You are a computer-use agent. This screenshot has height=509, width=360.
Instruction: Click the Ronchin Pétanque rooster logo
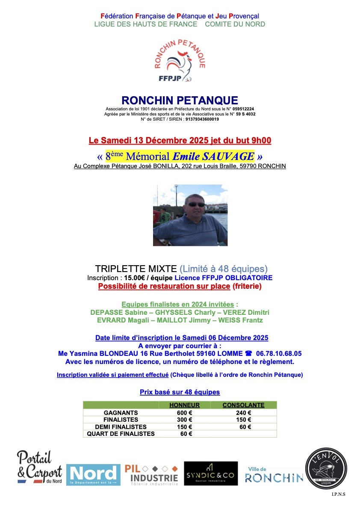click(x=180, y=60)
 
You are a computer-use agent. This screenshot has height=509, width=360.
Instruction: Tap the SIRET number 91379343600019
click(x=202, y=119)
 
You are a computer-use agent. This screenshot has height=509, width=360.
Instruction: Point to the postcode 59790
click(x=240, y=166)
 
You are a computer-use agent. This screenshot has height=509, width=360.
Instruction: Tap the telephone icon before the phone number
click(x=248, y=354)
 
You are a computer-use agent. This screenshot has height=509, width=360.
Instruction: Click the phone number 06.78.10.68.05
click(x=279, y=354)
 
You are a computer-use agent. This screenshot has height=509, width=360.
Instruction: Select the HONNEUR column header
click(x=184, y=405)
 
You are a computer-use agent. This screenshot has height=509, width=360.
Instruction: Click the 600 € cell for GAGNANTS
click(x=184, y=413)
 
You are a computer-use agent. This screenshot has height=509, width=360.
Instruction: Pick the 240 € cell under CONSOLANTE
click(x=243, y=413)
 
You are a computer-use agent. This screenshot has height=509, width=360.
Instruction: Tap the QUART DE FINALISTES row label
click(x=121, y=434)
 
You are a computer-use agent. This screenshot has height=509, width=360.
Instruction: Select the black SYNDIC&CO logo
click(x=211, y=473)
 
